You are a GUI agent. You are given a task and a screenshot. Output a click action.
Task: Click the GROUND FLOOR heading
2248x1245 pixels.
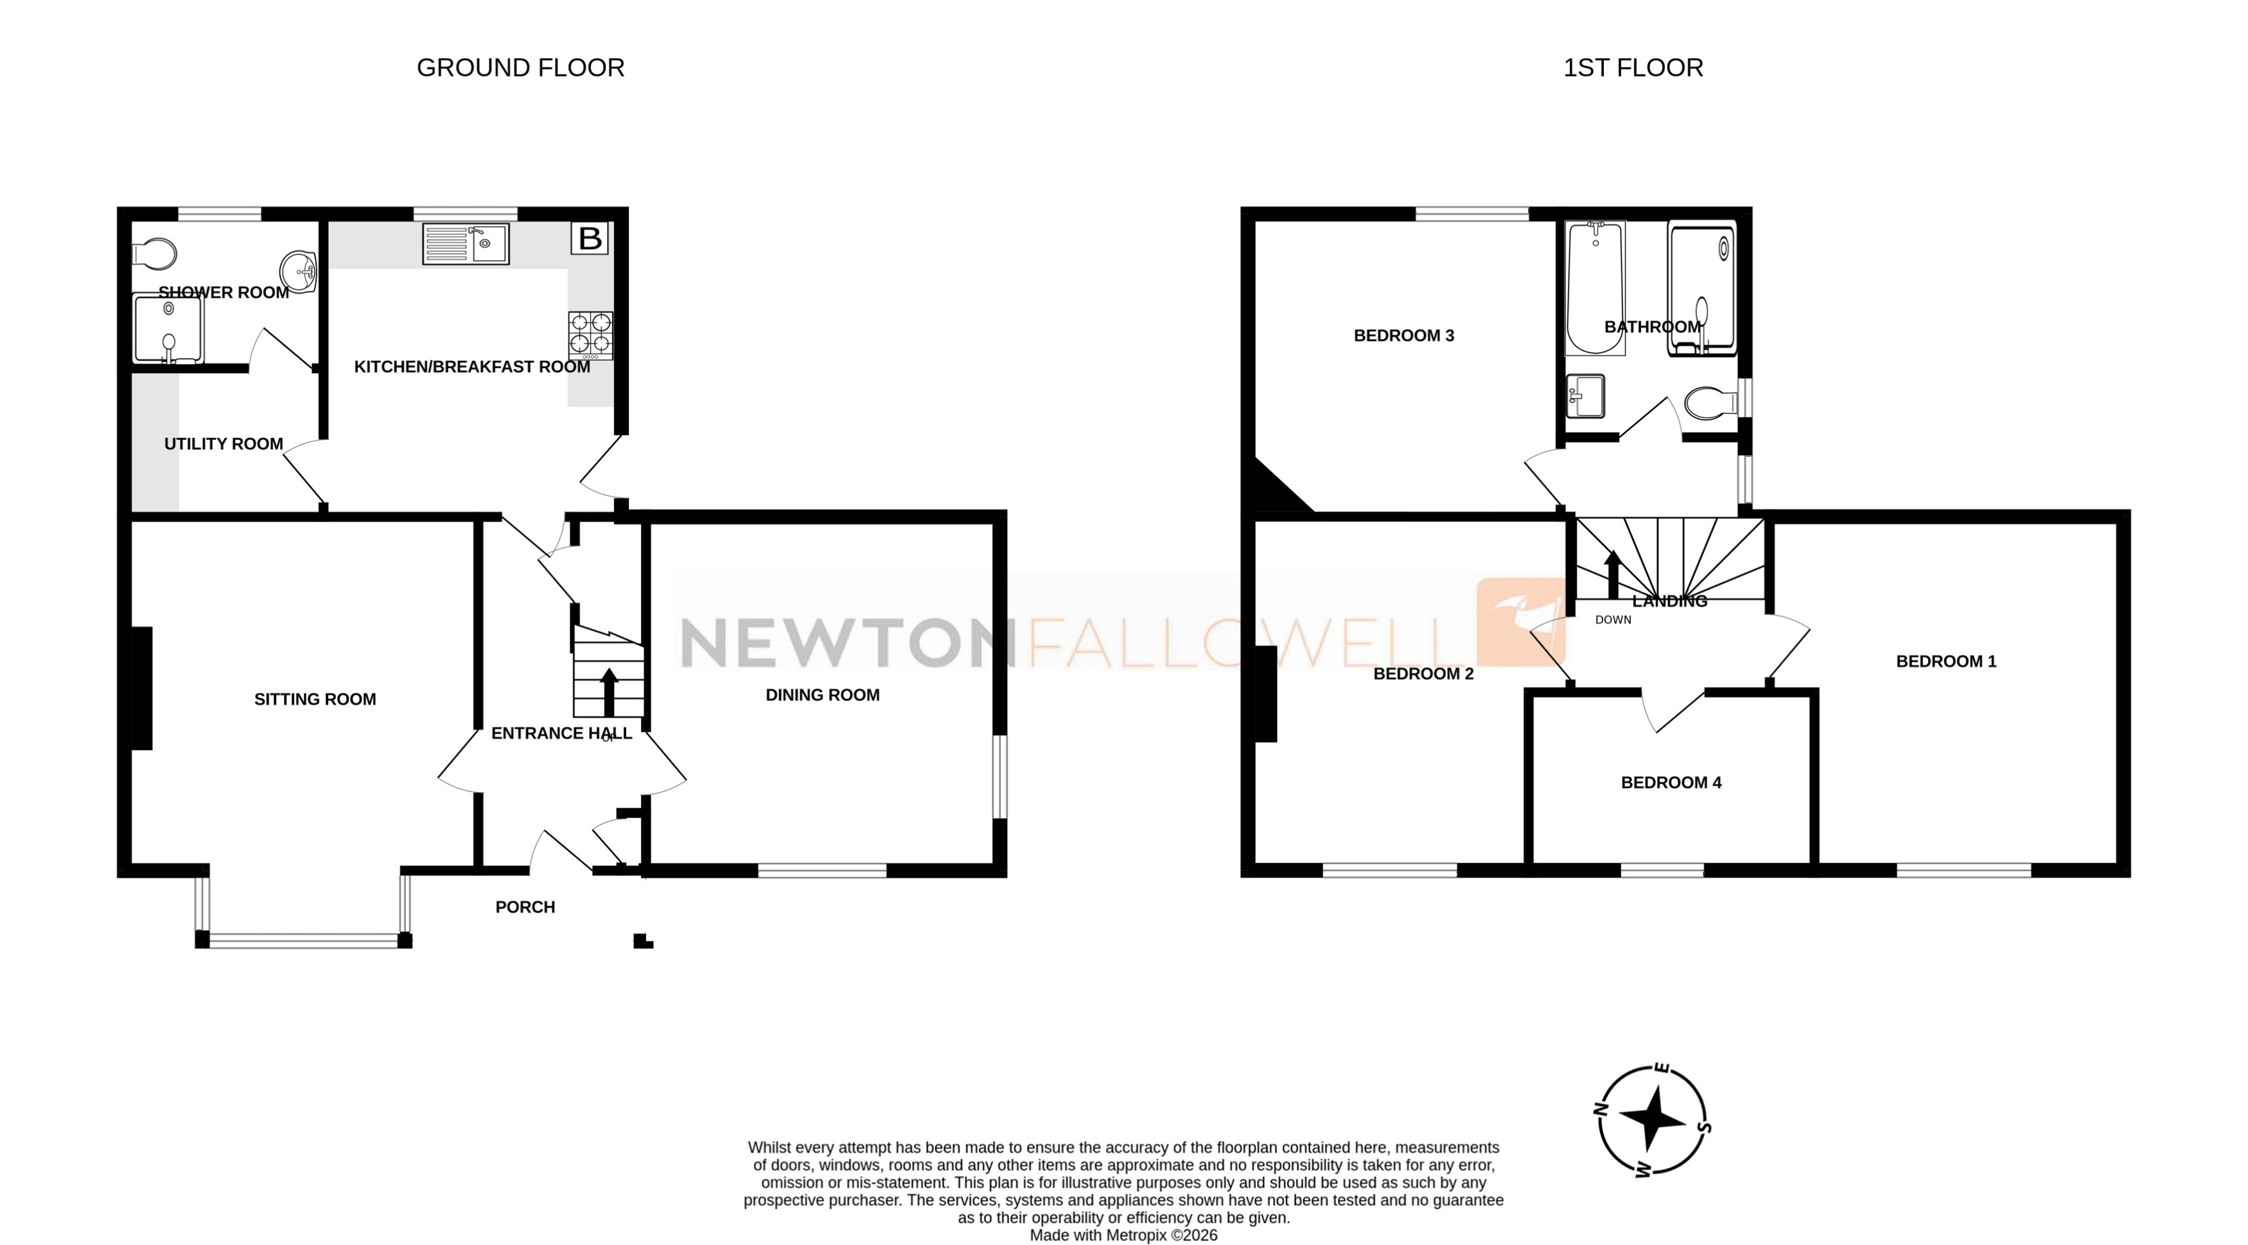(x=520, y=68)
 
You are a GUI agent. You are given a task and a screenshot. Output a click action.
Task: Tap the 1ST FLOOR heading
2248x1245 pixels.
(x=1632, y=68)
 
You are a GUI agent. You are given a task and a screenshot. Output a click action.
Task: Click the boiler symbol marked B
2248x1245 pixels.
(x=590, y=238)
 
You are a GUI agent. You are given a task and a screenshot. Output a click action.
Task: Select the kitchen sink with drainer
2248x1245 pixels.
(x=465, y=243)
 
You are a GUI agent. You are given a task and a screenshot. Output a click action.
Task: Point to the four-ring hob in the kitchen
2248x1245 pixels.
(x=590, y=335)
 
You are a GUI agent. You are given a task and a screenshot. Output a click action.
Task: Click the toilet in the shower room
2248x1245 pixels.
(x=155, y=254)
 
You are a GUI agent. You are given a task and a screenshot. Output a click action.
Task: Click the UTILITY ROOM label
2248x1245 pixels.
(x=224, y=444)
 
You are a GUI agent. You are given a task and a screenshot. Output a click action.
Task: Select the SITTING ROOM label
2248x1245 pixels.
(x=315, y=699)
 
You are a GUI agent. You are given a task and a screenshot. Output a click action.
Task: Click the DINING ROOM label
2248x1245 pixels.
(x=822, y=695)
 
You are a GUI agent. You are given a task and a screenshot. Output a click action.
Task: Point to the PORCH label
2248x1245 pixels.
(x=525, y=907)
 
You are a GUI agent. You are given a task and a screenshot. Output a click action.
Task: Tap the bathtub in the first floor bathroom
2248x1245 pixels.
(x=1595, y=288)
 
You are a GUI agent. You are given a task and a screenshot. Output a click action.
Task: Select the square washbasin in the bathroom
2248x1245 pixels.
(x=1585, y=396)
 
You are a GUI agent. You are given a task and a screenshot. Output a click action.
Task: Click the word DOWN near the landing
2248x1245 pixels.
(x=1613, y=620)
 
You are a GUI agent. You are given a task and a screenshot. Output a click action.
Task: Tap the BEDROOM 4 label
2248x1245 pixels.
(x=1671, y=783)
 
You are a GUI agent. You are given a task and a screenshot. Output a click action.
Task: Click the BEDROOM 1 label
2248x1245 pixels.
(x=1945, y=661)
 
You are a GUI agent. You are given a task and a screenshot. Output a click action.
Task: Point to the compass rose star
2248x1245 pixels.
(x=1651, y=1119)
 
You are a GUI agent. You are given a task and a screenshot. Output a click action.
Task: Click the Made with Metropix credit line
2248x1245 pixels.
(x=1123, y=1235)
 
